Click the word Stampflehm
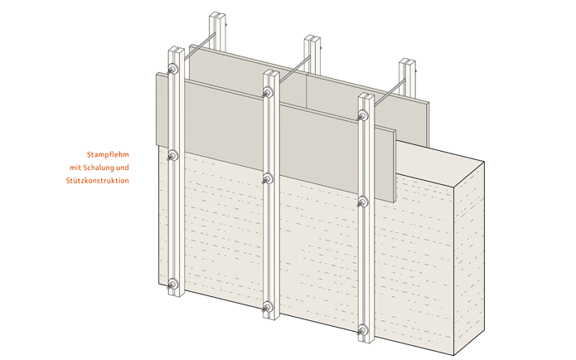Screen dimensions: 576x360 pos(108,154)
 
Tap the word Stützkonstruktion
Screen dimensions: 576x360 pos(98,181)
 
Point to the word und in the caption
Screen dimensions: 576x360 pos(123,168)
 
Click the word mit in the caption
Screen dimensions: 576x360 pos(75,168)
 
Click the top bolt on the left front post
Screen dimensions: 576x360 pos(172,69)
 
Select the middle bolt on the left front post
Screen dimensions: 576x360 pos(172,156)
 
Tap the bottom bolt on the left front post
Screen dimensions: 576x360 pos(172,284)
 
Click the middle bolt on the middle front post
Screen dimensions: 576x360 pos(268,178)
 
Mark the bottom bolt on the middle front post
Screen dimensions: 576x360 pos(268,306)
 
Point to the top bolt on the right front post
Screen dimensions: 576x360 pos(363,115)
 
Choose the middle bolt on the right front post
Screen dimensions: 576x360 pos(363,202)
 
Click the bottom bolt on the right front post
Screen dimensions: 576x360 pos(363,329)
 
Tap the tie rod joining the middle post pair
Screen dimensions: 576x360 pos(294,69)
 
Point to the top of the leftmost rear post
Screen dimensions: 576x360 pos(217,16)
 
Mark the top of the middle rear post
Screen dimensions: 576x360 pos(312,39)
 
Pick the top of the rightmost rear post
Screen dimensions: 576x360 pos(408,61)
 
